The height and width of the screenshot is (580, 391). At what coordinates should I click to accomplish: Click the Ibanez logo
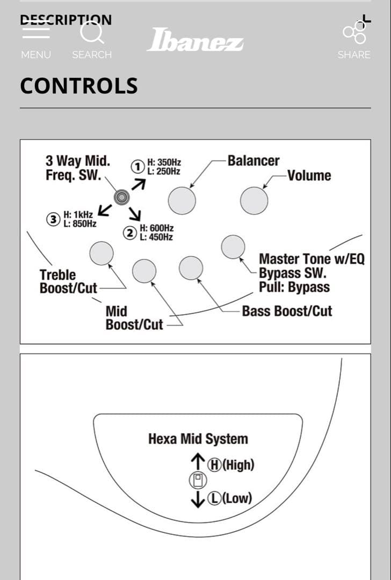coord(195,40)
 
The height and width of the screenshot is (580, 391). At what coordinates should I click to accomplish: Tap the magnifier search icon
coord(91,32)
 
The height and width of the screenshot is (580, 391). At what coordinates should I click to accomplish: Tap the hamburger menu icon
coord(36,32)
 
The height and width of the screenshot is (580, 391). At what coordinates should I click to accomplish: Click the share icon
coord(354,32)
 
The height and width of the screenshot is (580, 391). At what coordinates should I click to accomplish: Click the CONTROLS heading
coord(79,86)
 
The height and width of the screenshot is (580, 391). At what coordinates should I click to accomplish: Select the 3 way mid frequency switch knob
coord(122,198)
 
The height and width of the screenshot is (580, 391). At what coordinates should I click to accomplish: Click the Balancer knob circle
coord(182,201)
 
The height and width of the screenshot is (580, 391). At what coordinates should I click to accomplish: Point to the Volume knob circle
coord(254,201)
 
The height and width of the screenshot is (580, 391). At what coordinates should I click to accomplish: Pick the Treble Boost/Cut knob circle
coord(102,253)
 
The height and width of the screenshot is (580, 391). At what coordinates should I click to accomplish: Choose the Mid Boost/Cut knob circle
coord(144,271)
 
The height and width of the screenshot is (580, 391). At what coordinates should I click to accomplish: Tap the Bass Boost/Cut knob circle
coord(191,268)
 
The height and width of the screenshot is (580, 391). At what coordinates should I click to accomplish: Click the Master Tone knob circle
coord(233,247)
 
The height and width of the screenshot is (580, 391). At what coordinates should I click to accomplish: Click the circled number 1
coord(138,166)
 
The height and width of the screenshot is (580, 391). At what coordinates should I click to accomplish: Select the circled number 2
coord(130,233)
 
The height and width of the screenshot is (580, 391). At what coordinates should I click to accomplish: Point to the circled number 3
coord(53,219)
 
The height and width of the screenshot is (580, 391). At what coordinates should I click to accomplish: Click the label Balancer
coord(254,161)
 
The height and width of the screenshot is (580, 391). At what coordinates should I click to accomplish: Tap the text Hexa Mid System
coord(198,439)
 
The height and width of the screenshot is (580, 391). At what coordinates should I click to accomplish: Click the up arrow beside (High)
coord(198,462)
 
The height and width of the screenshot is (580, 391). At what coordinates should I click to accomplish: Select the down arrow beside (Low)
coord(198,499)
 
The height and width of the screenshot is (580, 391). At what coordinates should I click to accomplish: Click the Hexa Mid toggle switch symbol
coord(198,480)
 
